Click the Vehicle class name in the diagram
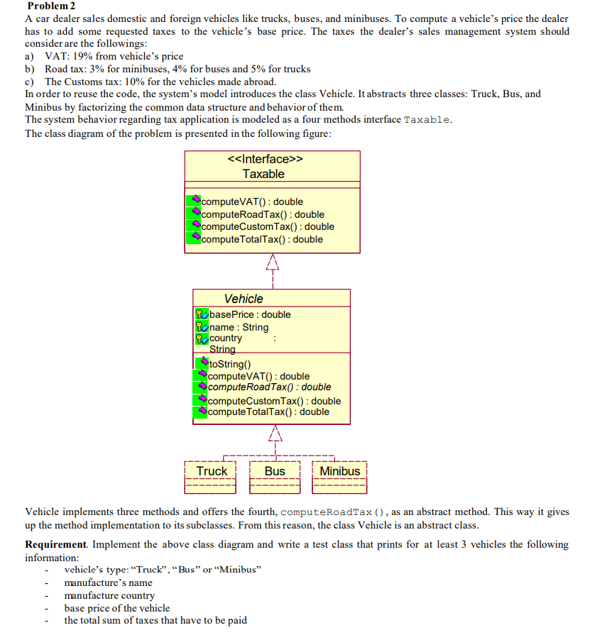tap(243, 299)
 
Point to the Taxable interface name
tap(263, 174)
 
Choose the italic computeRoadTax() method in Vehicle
tap(269, 387)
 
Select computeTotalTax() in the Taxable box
tap(262, 239)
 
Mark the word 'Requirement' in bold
tap(55, 544)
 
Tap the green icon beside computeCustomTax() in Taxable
tap(193, 226)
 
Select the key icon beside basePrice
tap(202, 314)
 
